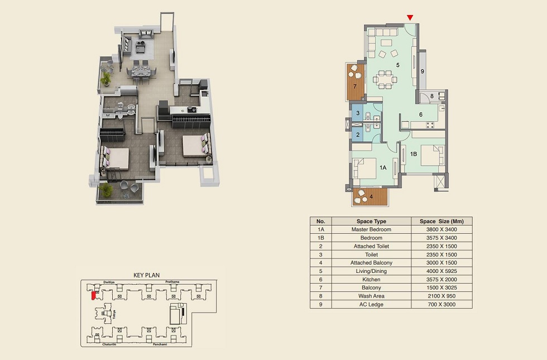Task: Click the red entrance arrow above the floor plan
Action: pyautogui.click(x=410, y=18)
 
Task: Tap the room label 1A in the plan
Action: pyautogui.click(x=383, y=167)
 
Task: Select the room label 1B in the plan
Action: pyautogui.click(x=414, y=154)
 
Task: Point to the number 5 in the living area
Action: pyautogui.click(x=397, y=65)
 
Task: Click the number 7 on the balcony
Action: pyautogui.click(x=354, y=87)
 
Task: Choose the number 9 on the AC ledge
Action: pyautogui.click(x=423, y=71)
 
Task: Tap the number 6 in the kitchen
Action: pyautogui.click(x=421, y=115)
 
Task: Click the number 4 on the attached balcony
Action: pyautogui.click(x=371, y=196)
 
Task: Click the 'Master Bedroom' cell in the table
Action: pyautogui.click(x=371, y=229)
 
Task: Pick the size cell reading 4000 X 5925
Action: pyautogui.click(x=441, y=271)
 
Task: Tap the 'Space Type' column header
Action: pyautogui.click(x=371, y=221)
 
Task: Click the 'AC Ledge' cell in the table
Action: pyautogui.click(x=371, y=305)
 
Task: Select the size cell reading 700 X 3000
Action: pyautogui.click(x=441, y=305)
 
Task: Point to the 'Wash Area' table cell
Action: pyautogui.click(x=371, y=296)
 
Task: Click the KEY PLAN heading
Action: pyautogui.click(x=146, y=275)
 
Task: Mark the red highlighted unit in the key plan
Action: pyautogui.click(x=93, y=295)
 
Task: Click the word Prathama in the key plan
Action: pyautogui.click(x=172, y=282)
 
